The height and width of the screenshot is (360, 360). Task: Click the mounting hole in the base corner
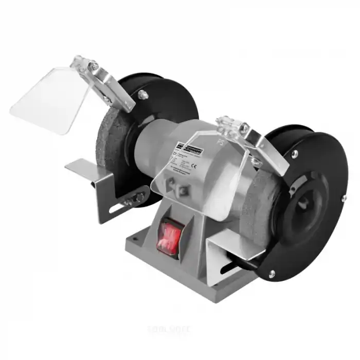136,237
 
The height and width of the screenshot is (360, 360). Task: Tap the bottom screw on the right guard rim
272,274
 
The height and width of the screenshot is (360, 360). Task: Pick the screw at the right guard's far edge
344,199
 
